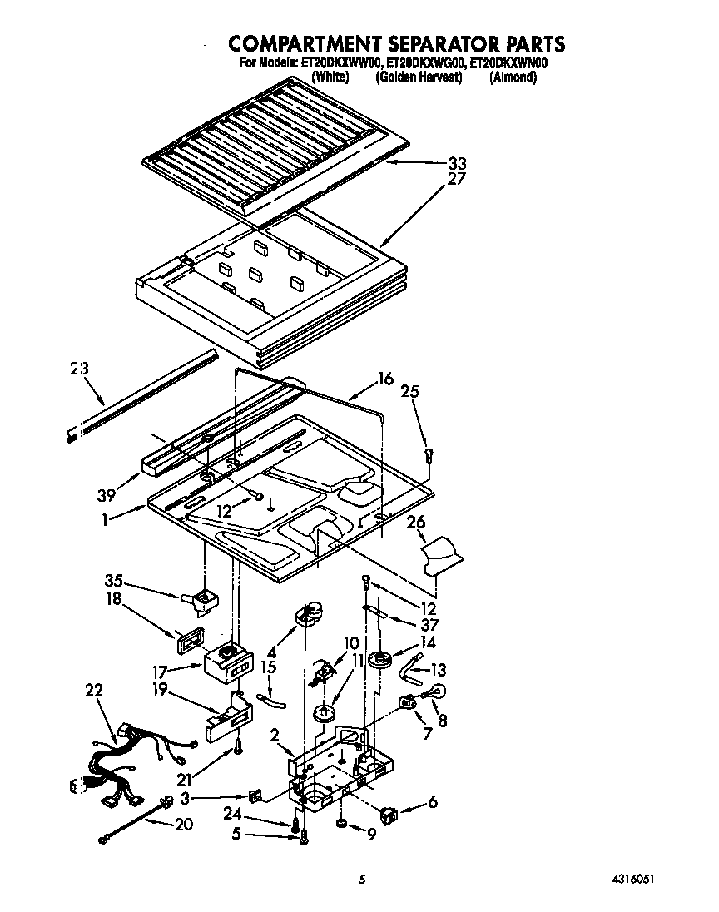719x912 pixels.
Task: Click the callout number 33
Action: (457, 163)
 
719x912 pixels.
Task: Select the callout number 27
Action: (457, 179)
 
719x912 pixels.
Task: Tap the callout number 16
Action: (384, 379)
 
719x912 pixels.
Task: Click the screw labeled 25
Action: (429, 454)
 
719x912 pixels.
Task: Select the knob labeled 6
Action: (389, 812)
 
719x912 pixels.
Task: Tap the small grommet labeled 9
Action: (340, 824)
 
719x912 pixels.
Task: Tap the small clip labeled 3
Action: (255, 796)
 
